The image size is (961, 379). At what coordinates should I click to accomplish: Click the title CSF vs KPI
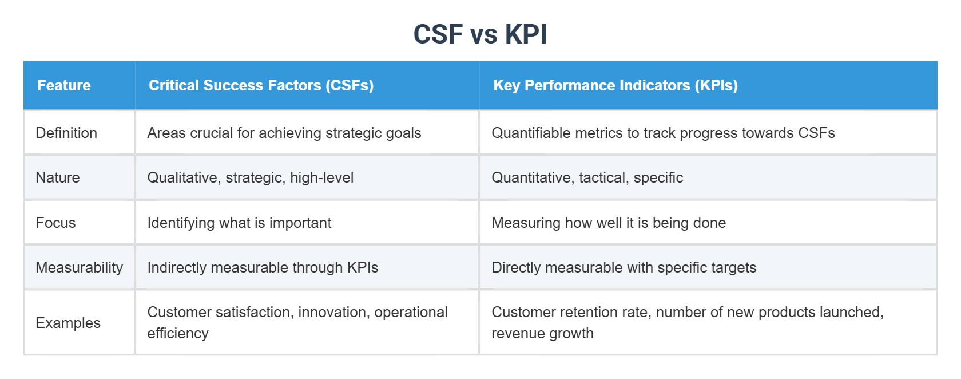pos(480,34)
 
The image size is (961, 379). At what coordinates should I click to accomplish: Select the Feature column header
pos(64,85)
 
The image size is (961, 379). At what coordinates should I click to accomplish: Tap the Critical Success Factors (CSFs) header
pos(261,85)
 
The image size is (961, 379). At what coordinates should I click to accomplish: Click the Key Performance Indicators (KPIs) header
pos(615,85)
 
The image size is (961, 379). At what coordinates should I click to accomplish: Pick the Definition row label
pos(66,133)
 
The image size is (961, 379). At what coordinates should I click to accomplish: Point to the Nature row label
pos(58,177)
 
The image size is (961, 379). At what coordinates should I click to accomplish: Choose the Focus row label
pos(55,223)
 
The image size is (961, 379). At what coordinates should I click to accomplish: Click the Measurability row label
pos(79,267)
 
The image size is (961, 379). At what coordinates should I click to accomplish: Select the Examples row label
pos(68,323)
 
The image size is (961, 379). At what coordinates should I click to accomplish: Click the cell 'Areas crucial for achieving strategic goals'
pos(284,133)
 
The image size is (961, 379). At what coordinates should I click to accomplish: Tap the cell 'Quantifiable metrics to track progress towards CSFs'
pos(663,133)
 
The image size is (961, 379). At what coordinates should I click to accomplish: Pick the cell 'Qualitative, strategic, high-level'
pos(250,177)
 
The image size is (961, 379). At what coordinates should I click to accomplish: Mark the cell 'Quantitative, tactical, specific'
pos(587,177)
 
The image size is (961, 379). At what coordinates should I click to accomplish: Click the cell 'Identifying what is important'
pos(239,223)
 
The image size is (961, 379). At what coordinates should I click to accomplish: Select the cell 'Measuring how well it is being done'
pos(609,223)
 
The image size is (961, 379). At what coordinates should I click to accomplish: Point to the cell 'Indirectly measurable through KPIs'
pos(263,267)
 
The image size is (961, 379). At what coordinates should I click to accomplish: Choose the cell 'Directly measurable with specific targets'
pos(624,267)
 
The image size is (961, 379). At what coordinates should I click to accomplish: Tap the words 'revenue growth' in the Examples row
pos(542,333)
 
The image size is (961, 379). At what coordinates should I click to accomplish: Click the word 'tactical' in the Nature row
pos(602,177)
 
